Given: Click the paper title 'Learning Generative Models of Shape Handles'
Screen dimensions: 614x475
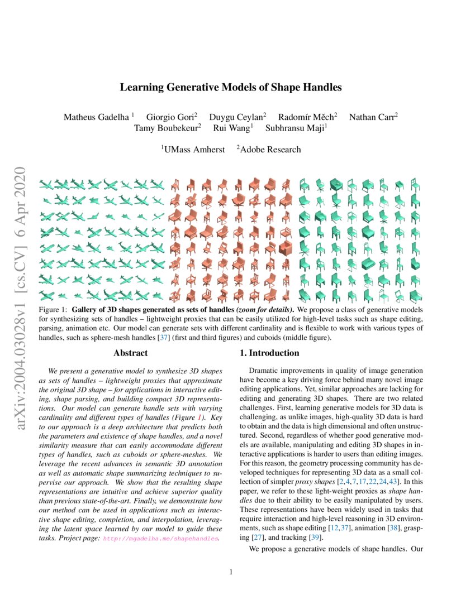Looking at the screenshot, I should [231, 88].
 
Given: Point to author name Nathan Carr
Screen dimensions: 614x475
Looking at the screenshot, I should [372, 117].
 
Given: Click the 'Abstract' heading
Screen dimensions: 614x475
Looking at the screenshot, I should [130, 353].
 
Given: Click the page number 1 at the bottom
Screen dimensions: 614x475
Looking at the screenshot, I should [231, 572].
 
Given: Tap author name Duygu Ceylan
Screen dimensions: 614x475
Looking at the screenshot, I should [236, 117].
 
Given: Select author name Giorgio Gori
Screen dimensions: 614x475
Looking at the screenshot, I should [171, 117].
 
